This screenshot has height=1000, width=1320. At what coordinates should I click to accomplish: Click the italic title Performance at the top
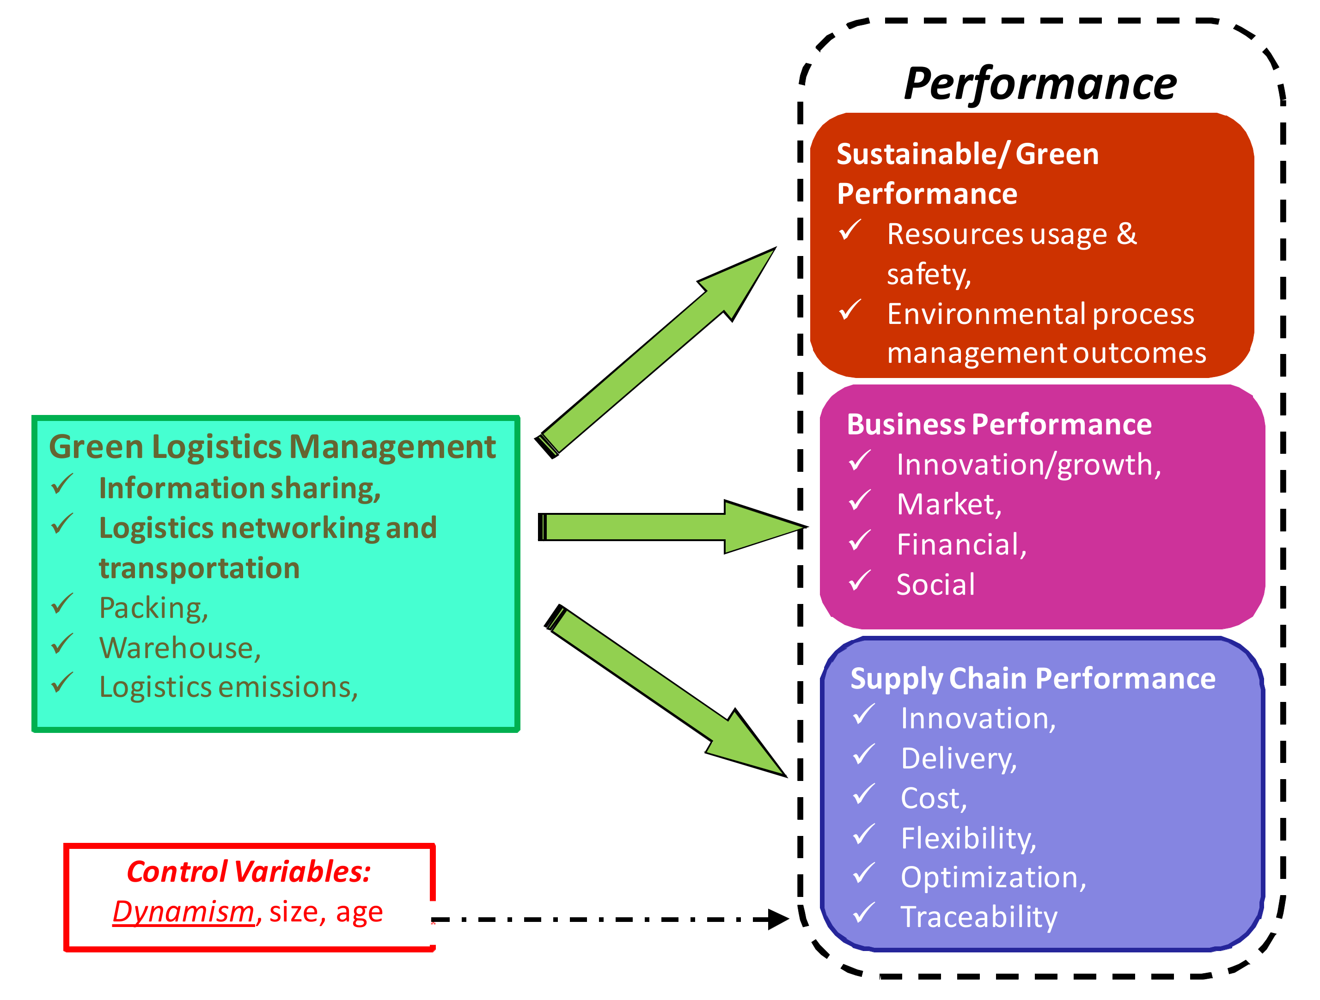tap(1039, 84)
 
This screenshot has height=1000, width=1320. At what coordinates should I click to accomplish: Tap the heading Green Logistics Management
tap(272, 447)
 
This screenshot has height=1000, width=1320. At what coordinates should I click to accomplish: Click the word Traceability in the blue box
tap(978, 917)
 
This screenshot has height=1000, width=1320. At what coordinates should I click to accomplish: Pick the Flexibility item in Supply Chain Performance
tap(968, 838)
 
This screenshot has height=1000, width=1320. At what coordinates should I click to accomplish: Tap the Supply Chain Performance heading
tap(1033, 678)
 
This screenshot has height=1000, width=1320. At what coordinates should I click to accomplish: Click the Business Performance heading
tap(999, 425)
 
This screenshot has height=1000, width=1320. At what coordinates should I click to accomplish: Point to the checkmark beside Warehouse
tap(62, 644)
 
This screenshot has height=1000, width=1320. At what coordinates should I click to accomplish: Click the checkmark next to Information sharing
tap(62, 484)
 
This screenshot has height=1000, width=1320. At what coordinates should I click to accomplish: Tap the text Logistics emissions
tap(228, 687)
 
